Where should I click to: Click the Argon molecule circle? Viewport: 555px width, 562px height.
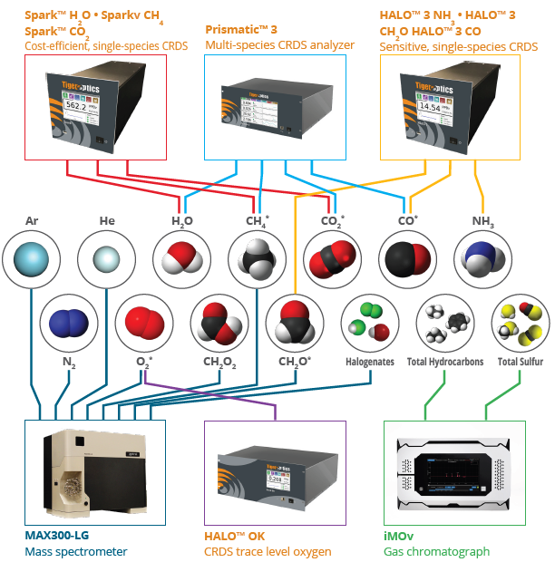[x=32, y=261]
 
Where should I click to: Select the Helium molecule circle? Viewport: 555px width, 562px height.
[x=107, y=261]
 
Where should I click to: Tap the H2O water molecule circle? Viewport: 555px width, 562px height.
[x=182, y=261]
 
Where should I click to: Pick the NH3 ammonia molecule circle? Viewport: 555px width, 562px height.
[x=482, y=261]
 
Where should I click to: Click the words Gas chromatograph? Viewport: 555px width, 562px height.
[x=436, y=551]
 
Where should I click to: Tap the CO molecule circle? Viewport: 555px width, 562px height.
[x=408, y=261]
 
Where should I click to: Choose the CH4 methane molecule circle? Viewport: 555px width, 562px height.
[x=258, y=261]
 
